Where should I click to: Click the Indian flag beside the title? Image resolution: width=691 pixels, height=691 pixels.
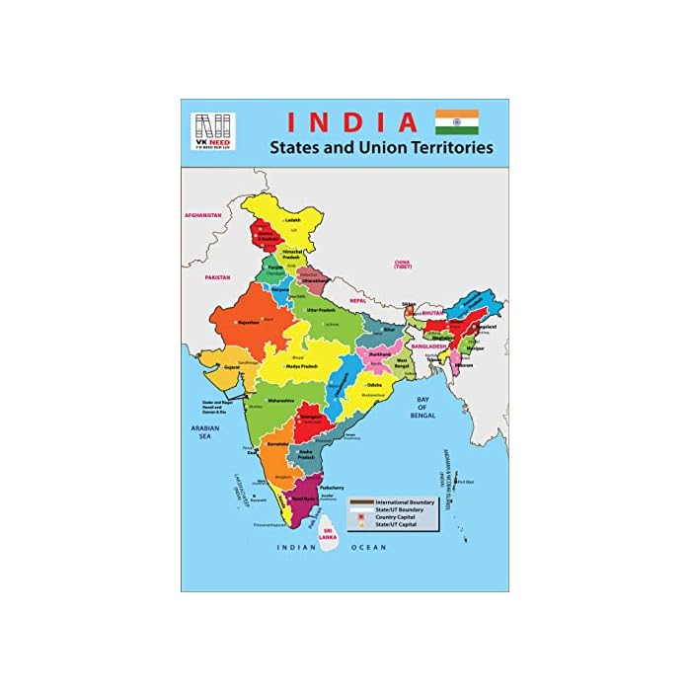pyautogui.click(x=457, y=122)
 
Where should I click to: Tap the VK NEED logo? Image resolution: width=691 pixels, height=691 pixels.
pyautogui.click(x=212, y=131)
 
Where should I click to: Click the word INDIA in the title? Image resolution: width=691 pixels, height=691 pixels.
pyautogui.click(x=352, y=122)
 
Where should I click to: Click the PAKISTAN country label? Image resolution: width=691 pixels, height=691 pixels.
pyautogui.click(x=217, y=278)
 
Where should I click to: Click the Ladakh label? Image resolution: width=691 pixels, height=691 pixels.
pyautogui.click(x=292, y=220)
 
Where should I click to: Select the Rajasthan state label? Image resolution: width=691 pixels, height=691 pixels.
pyautogui.click(x=248, y=322)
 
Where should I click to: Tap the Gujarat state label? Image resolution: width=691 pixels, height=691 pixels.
pyautogui.click(x=231, y=367)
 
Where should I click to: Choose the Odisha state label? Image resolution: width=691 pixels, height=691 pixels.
pyautogui.click(x=374, y=384)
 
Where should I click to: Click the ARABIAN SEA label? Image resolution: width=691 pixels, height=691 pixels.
pyautogui.click(x=202, y=430)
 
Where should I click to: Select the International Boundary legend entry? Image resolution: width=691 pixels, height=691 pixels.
pyautogui.click(x=405, y=502)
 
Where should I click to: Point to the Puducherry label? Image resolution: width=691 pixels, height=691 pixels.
pyautogui.click(x=332, y=487)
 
